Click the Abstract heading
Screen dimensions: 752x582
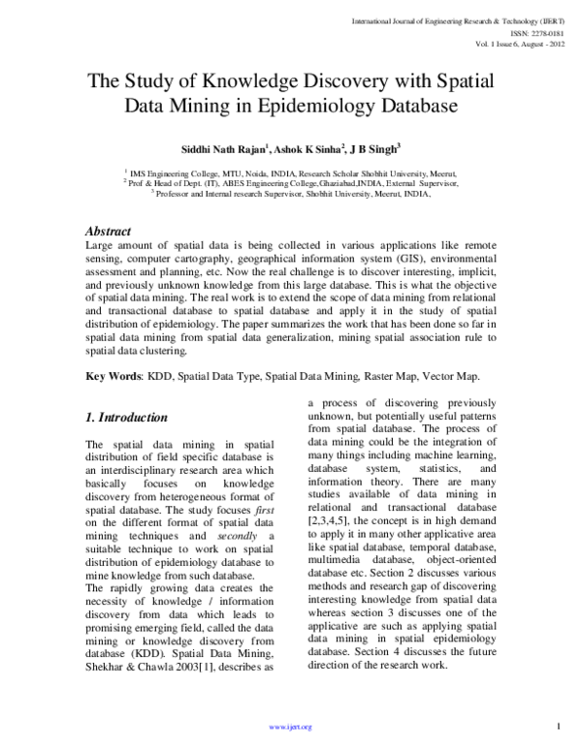tap(110, 232)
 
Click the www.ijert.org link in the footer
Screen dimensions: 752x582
tap(290, 727)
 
